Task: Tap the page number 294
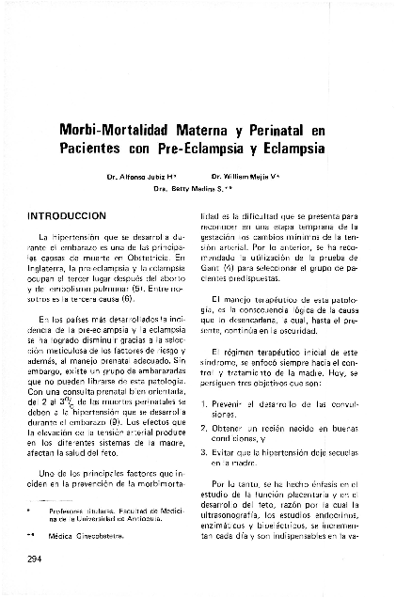[x=37, y=559]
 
